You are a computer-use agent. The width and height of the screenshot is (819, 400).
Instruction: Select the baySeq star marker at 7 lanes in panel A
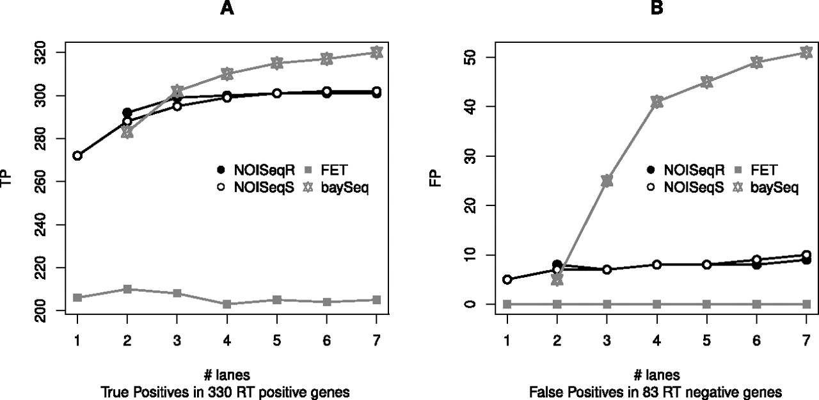pyautogui.click(x=376, y=52)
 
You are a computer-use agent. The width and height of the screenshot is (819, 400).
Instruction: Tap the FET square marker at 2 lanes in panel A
pyautogui.click(x=127, y=289)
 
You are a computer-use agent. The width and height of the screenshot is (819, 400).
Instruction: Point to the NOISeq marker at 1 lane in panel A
pyautogui.click(x=77, y=156)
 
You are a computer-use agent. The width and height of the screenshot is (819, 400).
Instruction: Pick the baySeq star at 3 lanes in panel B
pyautogui.click(x=607, y=181)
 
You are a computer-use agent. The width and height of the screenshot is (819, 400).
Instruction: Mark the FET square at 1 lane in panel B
pyautogui.click(x=507, y=304)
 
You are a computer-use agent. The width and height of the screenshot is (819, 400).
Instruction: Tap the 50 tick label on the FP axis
pyautogui.click(x=470, y=57)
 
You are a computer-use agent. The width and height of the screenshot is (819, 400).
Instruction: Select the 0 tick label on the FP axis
pyautogui.click(x=470, y=304)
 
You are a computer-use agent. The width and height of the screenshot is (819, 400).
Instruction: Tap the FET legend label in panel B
pyautogui.click(x=765, y=170)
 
